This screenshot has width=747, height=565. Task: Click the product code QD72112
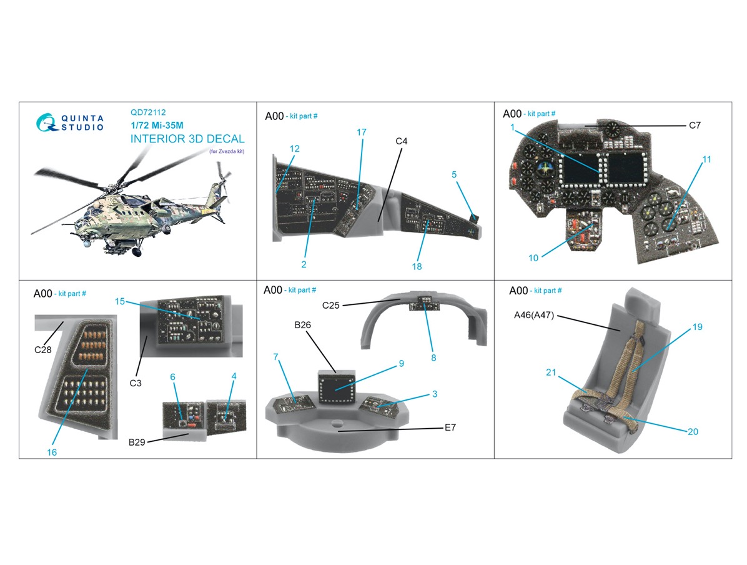pyautogui.click(x=148, y=113)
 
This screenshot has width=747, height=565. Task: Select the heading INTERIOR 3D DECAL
pyautogui.click(x=187, y=139)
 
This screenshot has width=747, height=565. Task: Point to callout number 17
pyautogui.click(x=362, y=132)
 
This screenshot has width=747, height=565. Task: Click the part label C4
pyautogui.click(x=402, y=141)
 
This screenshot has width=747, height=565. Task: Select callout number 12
pyautogui.click(x=295, y=149)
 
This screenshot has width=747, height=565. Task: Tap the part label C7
pyautogui.click(x=695, y=126)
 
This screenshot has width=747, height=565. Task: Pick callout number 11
pyautogui.click(x=706, y=159)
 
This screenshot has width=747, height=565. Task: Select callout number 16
pyautogui.click(x=52, y=452)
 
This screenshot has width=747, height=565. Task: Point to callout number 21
pyautogui.click(x=550, y=372)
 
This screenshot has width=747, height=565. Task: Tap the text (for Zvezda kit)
pyautogui.click(x=226, y=152)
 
